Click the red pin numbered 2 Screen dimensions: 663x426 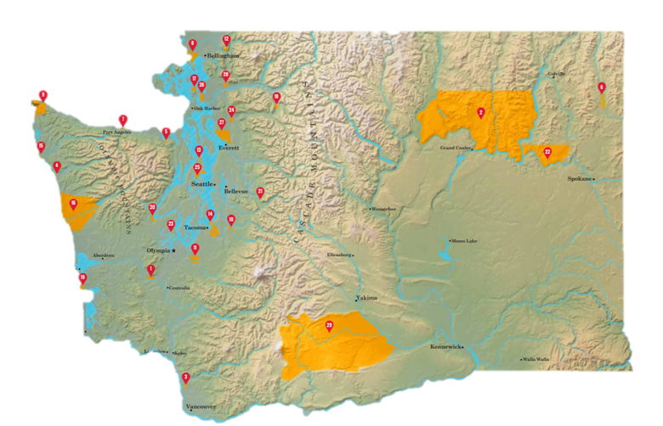pos(481,112)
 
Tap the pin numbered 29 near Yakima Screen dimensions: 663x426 pos(329,325)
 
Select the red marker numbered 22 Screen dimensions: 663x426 pos(547,152)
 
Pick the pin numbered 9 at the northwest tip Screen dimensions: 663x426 pos(43,94)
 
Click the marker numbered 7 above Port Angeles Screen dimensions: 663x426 pos(123,119)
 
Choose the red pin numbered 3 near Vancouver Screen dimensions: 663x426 pos(186,378)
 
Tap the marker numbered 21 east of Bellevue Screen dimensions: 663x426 pos(260,192)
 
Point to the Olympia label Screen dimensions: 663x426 pos(158,250)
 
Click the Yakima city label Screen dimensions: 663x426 pos(366,298)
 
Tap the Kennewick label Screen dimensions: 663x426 pos(445,347)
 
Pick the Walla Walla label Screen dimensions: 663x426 pos(537,359)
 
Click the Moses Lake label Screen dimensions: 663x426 pos(464,240)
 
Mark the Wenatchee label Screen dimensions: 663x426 pos(384,208)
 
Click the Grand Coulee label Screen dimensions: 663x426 pos(456,147)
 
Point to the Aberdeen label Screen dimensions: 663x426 pos(104,255)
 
